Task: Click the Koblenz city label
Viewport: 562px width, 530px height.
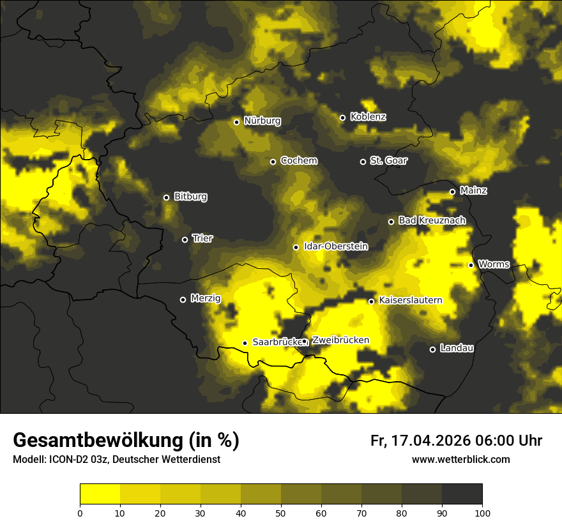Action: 368,117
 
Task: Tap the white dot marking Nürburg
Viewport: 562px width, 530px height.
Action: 236,122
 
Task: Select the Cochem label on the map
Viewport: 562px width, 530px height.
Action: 298,161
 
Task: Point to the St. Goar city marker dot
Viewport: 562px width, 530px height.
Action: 363,162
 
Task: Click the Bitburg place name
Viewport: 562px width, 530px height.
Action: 190,197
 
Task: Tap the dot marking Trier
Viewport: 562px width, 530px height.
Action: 185,239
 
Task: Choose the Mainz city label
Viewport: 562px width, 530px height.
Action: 473,190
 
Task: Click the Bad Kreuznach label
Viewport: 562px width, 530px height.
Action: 432,220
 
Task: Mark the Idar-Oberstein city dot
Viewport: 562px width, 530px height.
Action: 296,247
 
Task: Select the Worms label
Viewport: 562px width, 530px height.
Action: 494,264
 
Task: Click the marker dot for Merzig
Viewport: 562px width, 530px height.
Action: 183,299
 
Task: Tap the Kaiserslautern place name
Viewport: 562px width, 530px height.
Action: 411,299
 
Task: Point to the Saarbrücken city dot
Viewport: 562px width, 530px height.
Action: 245,343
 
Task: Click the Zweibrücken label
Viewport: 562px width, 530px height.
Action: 340,340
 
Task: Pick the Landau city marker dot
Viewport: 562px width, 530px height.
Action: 432,349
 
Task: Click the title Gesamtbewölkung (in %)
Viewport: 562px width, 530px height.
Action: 126,441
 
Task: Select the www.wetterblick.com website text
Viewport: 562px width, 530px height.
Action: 460,460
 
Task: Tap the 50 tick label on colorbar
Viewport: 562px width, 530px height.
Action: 281,512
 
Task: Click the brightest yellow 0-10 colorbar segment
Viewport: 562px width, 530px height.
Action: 100,494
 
